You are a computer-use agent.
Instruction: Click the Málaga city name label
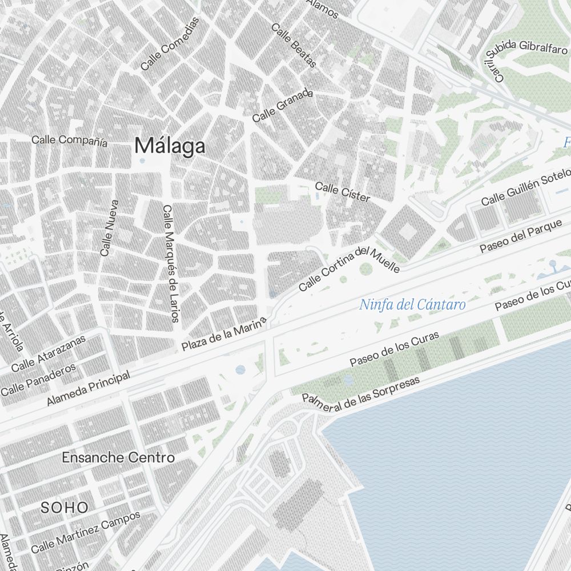[170, 146]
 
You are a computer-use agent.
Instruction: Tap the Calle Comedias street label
[170, 44]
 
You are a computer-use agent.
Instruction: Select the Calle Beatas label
[293, 45]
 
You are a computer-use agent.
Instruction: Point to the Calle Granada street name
[283, 105]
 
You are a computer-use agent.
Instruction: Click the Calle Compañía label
[69, 140]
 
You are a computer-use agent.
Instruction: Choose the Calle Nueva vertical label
[108, 227]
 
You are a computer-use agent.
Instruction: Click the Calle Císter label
[343, 192]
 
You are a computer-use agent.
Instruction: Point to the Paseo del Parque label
[521, 236]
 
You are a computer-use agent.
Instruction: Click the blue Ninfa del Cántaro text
[412, 305]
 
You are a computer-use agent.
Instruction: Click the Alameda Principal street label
[89, 388]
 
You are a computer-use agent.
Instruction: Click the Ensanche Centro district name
[118, 457]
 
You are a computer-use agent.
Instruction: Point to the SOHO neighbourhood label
[65, 507]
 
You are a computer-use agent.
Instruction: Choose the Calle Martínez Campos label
[86, 532]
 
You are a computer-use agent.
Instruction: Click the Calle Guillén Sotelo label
[525, 187]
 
